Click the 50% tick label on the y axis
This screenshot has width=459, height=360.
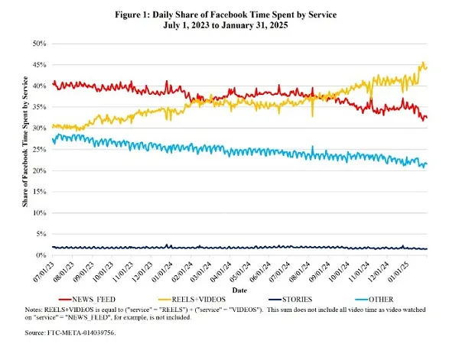pos(38,44)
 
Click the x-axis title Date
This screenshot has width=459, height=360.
pos(239,290)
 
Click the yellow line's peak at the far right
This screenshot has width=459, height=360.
pos(423,63)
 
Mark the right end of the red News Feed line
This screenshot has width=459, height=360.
pos(427,117)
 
